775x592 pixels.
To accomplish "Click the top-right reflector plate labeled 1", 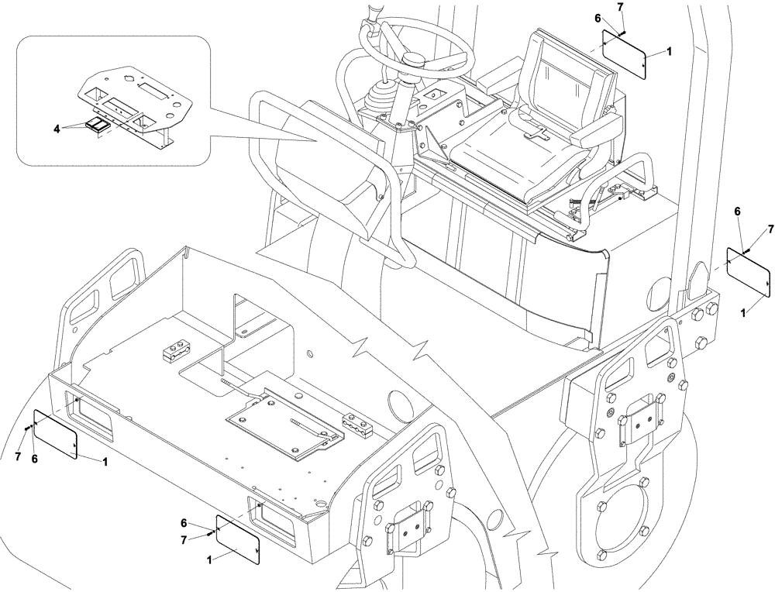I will [x=625, y=53].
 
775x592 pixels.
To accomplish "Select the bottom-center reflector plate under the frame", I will [x=238, y=539].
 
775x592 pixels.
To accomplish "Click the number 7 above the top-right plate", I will [x=620, y=7].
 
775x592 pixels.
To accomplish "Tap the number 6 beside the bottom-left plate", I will [x=35, y=459].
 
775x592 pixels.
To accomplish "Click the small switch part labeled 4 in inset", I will [x=98, y=126].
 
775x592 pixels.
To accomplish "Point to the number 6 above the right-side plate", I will [x=736, y=211].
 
